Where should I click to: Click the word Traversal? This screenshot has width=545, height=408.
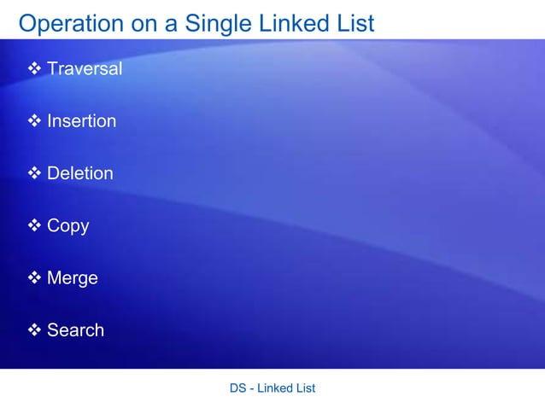[85, 68]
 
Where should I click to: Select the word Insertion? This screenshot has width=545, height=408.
[81, 121]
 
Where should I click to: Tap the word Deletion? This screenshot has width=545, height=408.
[79, 173]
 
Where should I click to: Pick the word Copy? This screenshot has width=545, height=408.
[67, 226]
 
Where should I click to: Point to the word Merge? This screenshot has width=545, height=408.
[72, 278]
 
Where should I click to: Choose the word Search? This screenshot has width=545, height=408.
[75, 330]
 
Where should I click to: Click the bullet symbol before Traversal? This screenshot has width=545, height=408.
[35, 68]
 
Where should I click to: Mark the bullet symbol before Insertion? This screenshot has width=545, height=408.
[35, 121]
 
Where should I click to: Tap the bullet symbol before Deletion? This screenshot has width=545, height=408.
[35, 173]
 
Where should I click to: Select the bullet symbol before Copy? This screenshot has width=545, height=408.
[35, 226]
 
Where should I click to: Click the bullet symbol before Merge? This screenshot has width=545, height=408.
[35, 278]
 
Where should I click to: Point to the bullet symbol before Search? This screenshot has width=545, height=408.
[35, 330]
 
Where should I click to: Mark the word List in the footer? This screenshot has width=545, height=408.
[305, 388]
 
